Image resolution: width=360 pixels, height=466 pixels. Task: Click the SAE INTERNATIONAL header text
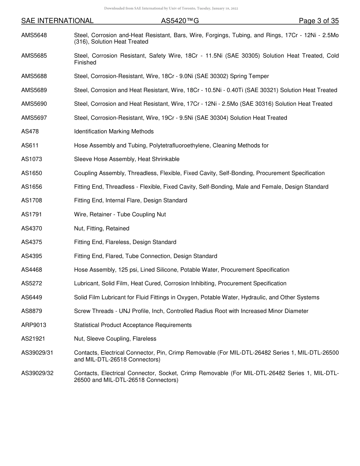57,21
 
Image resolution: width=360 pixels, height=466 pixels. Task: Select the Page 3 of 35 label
318,21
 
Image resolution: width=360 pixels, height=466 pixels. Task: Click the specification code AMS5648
34,35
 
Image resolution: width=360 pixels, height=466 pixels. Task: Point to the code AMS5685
34,56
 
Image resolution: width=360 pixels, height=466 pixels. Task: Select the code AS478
30,131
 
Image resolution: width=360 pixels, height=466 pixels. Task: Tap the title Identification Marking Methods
114,131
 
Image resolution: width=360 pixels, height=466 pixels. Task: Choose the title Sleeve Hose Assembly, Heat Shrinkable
127,159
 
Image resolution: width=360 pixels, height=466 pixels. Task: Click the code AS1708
31,200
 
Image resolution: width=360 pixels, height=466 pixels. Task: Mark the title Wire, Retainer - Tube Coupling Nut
120,214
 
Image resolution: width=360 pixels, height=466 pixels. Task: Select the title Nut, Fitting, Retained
102,228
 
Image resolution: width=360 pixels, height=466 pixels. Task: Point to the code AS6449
31,297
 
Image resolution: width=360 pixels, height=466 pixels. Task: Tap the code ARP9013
34,325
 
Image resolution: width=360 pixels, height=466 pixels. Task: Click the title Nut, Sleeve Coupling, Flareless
115,339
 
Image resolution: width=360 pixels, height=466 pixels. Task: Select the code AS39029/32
37,373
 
